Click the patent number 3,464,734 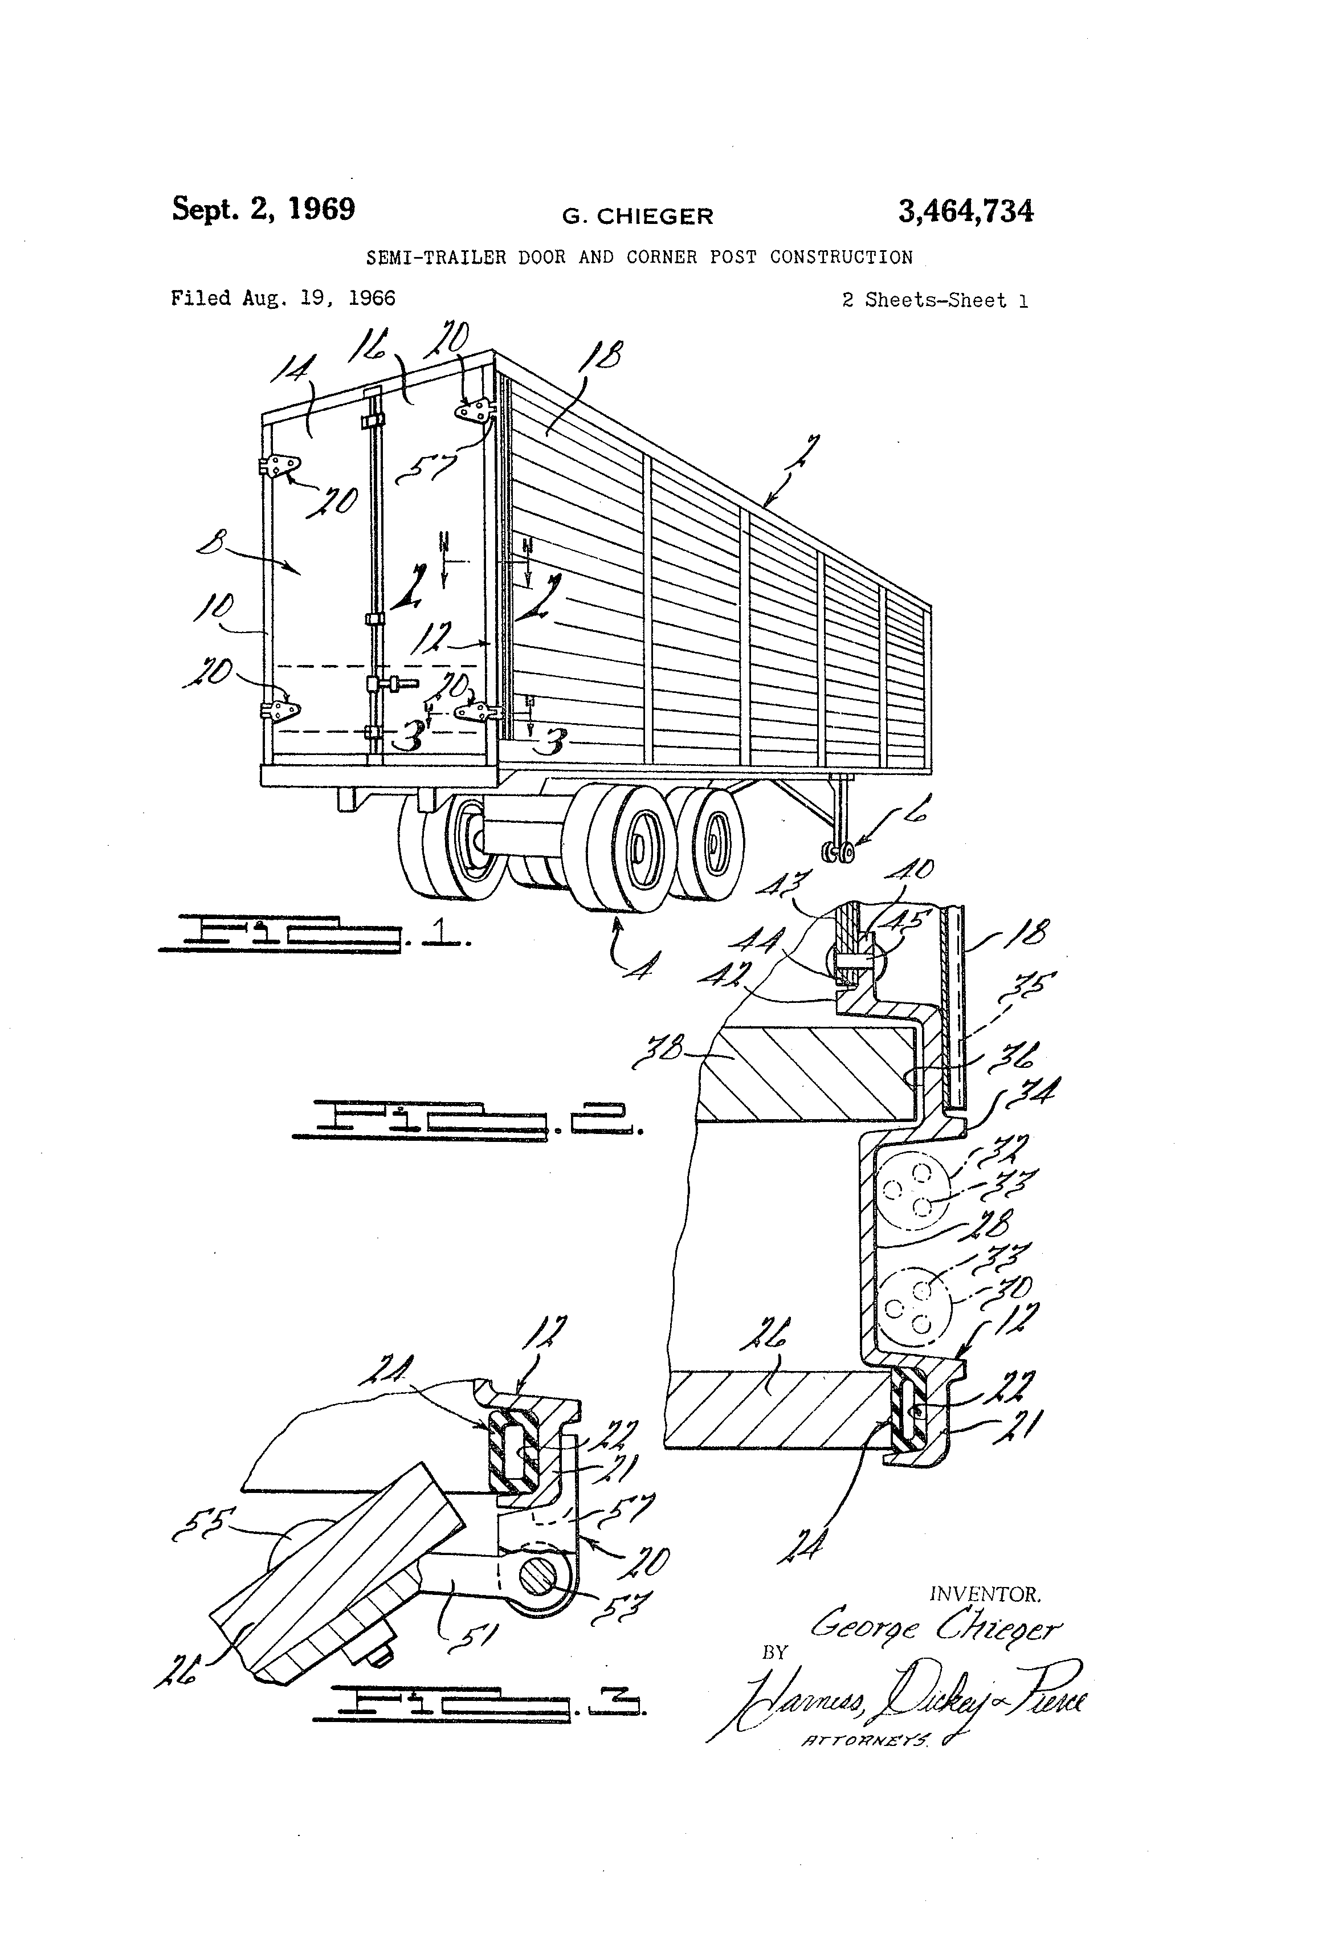(965, 211)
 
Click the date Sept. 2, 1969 (263, 209)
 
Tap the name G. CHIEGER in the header (638, 217)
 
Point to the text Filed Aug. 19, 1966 (283, 299)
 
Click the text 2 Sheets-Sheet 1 (935, 301)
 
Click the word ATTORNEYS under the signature (865, 1741)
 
